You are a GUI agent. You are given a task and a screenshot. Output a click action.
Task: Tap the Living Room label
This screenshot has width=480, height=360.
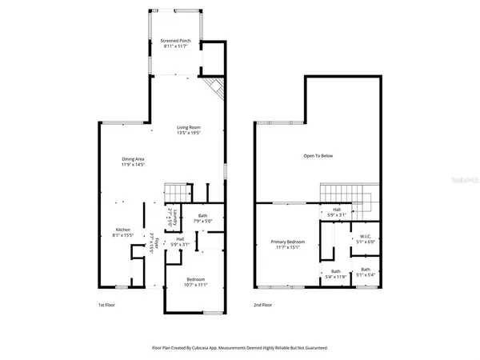(189, 130)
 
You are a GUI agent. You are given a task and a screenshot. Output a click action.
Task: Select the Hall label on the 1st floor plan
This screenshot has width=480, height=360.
(180, 241)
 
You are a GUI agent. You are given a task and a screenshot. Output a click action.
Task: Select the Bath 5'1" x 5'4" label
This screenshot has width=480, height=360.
(365, 272)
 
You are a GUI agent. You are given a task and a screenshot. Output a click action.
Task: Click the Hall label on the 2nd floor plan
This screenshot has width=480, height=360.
(336, 212)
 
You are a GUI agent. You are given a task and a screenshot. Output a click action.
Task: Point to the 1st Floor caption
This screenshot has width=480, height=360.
(107, 305)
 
